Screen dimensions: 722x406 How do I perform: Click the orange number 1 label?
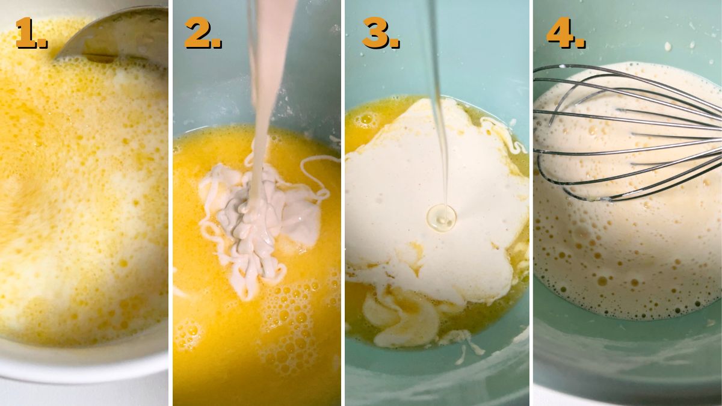31,33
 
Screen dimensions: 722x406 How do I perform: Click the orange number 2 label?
203,33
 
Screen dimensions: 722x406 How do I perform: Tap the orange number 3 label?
381,33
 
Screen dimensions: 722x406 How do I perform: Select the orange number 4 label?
566,33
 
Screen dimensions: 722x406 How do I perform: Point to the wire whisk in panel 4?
629,132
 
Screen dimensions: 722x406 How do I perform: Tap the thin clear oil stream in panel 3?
437,103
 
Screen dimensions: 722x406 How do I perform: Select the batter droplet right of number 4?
667,47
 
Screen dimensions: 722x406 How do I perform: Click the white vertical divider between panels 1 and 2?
170,203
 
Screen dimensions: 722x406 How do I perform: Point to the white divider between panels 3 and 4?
531,203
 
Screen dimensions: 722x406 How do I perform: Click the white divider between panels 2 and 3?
343,203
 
